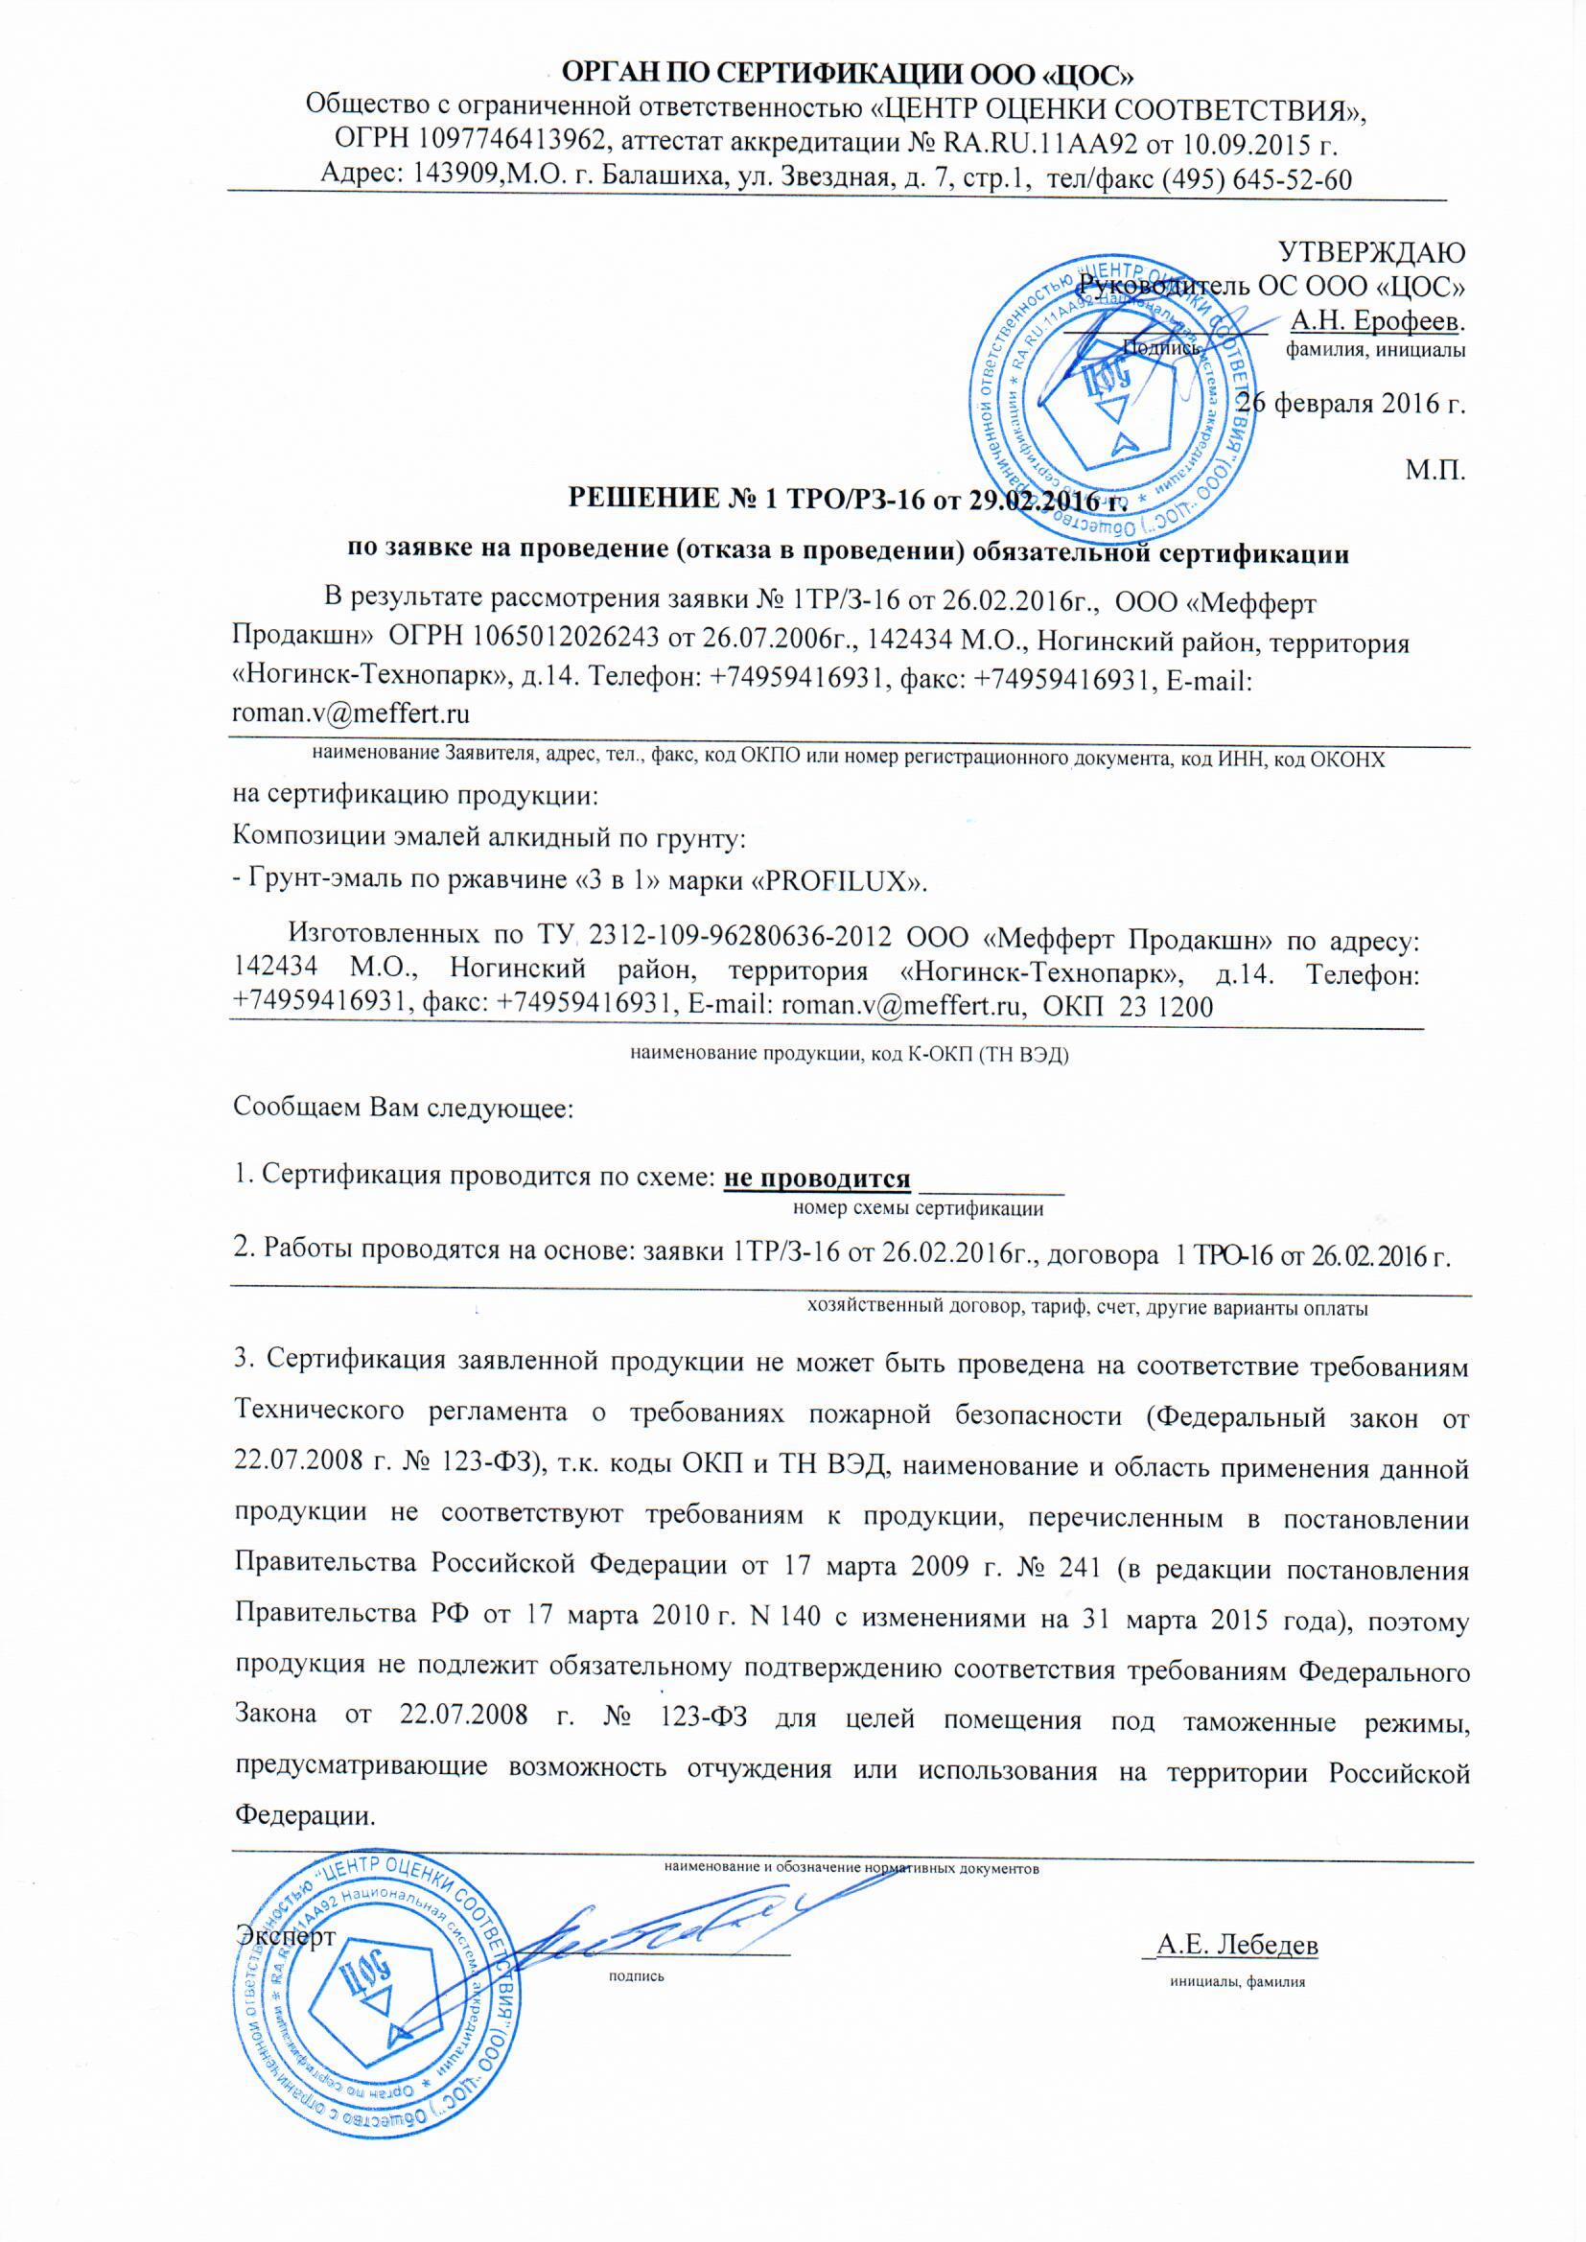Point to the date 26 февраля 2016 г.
(1352, 403)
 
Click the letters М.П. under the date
(1434, 472)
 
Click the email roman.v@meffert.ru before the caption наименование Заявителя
(351, 713)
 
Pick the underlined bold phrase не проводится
(816, 1179)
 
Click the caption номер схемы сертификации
(918, 1210)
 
